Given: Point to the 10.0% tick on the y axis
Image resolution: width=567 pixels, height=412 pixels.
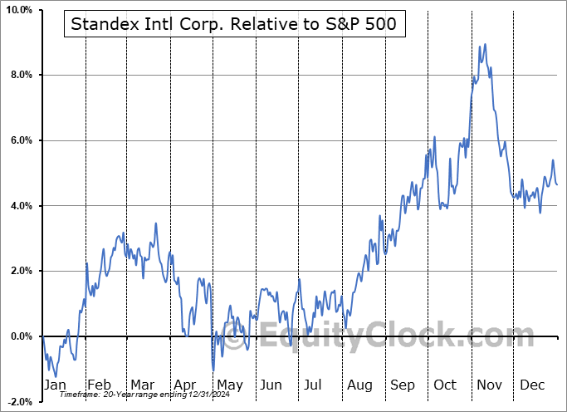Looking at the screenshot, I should (x=18, y=10).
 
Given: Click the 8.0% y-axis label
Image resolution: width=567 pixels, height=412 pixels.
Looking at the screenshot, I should (x=21, y=76).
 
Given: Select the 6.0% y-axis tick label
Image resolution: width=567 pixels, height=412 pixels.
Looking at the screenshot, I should (x=21, y=140).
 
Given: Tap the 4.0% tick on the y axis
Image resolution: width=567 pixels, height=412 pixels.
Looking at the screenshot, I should (x=21, y=206).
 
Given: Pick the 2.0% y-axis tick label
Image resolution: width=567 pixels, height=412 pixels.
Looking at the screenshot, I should (x=21, y=271).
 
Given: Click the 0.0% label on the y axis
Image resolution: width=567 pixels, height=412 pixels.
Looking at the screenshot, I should (x=21, y=336).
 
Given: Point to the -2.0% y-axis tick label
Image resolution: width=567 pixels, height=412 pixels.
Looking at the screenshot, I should (x=19, y=401).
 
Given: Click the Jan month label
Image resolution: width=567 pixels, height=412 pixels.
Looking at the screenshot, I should (x=54, y=385).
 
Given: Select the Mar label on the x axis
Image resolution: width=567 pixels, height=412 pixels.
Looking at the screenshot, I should (x=141, y=385).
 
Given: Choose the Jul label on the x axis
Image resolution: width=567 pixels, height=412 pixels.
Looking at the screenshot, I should (x=314, y=385).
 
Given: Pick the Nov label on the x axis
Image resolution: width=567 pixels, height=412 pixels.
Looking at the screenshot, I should (x=488, y=385).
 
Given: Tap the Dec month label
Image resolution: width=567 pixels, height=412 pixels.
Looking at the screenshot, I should (x=531, y=385).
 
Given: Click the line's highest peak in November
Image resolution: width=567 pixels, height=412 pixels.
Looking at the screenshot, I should (x=484, y=45).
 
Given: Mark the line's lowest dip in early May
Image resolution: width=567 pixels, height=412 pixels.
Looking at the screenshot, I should (x=213, y=370).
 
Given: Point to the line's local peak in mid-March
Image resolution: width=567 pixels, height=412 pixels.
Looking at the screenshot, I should (x=155, y=223).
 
